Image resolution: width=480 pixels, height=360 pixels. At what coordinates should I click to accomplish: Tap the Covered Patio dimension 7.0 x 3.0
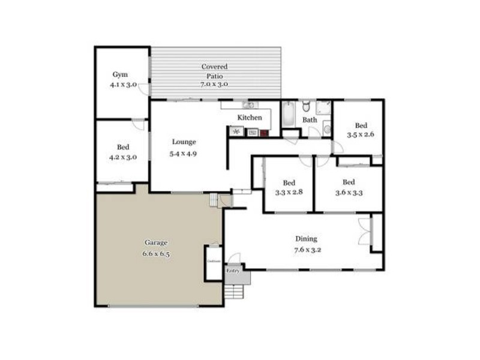click(x=214, y=86)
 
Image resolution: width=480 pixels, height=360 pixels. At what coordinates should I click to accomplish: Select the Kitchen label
click(x=250, y=118)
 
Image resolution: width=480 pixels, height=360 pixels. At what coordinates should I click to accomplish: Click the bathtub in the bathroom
click(x=289, y=114)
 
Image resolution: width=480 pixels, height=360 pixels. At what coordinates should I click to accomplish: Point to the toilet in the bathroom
click(x=305, y=107)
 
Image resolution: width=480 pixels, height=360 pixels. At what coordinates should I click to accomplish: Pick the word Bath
click(x=310, y=120)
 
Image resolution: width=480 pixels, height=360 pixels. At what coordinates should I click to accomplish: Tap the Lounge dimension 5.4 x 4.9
click(x=184, y=153)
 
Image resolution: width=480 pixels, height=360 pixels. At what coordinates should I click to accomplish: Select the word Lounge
click(x=184, y=142)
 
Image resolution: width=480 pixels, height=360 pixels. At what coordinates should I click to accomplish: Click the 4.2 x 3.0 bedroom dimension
click(x=123, y=157)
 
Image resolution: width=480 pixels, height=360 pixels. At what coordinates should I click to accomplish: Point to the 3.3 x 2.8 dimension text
click(x=289, y=193)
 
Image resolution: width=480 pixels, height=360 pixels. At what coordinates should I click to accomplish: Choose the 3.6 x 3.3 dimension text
click(x=349, y=193)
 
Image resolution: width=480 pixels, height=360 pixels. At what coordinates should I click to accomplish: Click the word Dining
click(x=306, y=238)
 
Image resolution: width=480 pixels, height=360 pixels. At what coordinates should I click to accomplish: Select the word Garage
click(x=156, y=242)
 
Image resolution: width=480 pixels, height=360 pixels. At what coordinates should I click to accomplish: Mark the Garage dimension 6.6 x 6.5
click(x=156, y=253)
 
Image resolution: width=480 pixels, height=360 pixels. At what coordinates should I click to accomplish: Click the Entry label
click(x=233, y=271)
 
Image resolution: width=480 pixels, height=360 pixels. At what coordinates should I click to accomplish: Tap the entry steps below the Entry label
click(x=235, y=292)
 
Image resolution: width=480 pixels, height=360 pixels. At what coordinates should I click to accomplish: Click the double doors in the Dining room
click(x=364, y=231)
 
